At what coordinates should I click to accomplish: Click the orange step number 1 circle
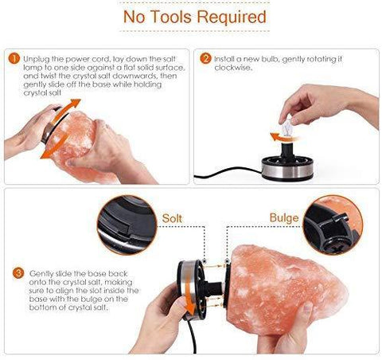click(14, 59)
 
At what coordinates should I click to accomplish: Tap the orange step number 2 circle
click(205, 59)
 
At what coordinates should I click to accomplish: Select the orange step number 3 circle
click(18, 273)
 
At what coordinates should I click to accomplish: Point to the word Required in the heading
click(232, 17)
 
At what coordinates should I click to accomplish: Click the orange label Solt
click(172, 218)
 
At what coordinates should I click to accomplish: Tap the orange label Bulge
click(284, 218)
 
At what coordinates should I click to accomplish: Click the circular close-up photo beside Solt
click(127, 225)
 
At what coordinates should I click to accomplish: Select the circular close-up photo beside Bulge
click(333, 225)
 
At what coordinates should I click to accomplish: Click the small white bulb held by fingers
click(287, 126)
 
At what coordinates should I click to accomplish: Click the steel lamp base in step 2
click(287, 168)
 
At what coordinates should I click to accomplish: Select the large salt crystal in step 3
click(285, 288)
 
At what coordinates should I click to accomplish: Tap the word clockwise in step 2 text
click(232, 68)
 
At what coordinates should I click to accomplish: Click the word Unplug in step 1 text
click(33, 59)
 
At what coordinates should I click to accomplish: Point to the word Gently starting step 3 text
click(40, 274)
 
